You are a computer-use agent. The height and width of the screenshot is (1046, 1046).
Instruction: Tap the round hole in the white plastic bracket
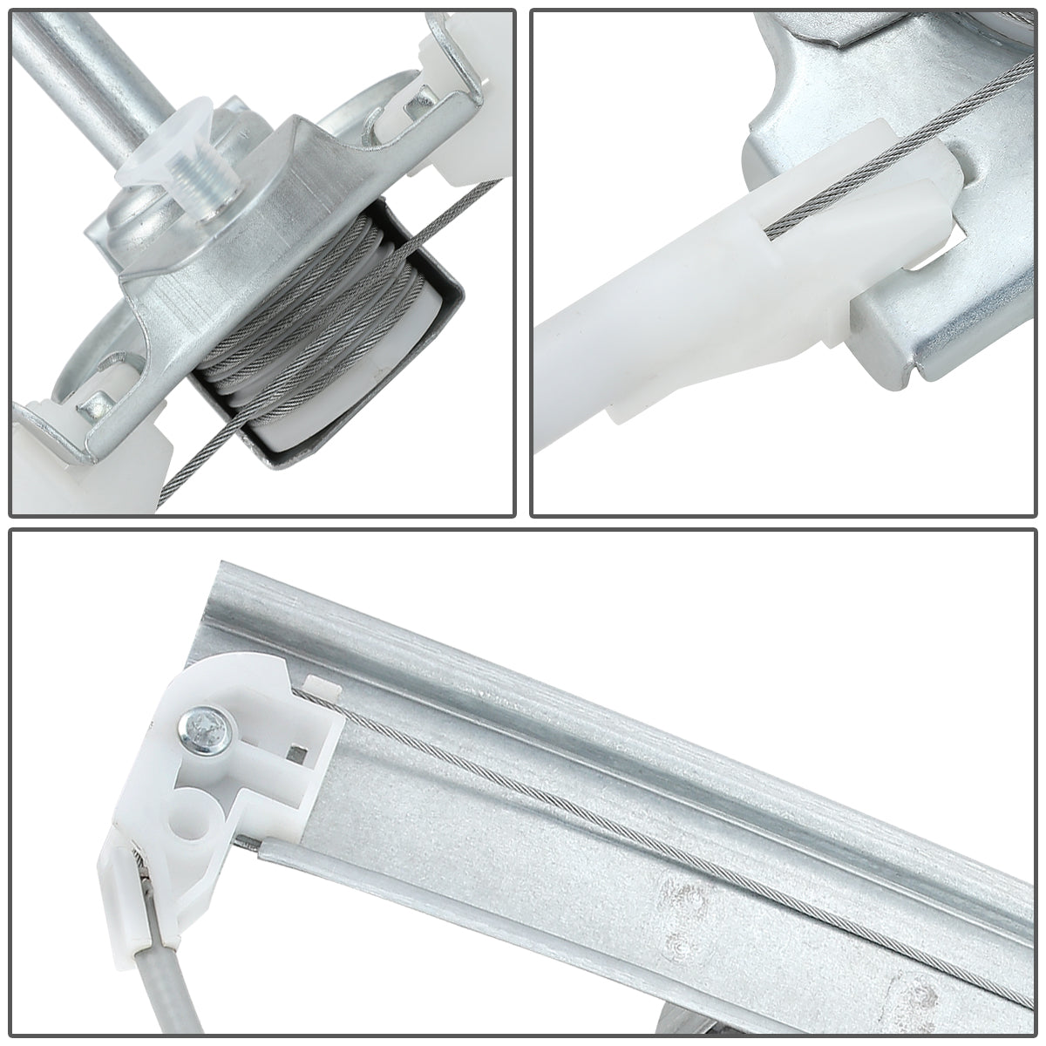pos(196,805)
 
